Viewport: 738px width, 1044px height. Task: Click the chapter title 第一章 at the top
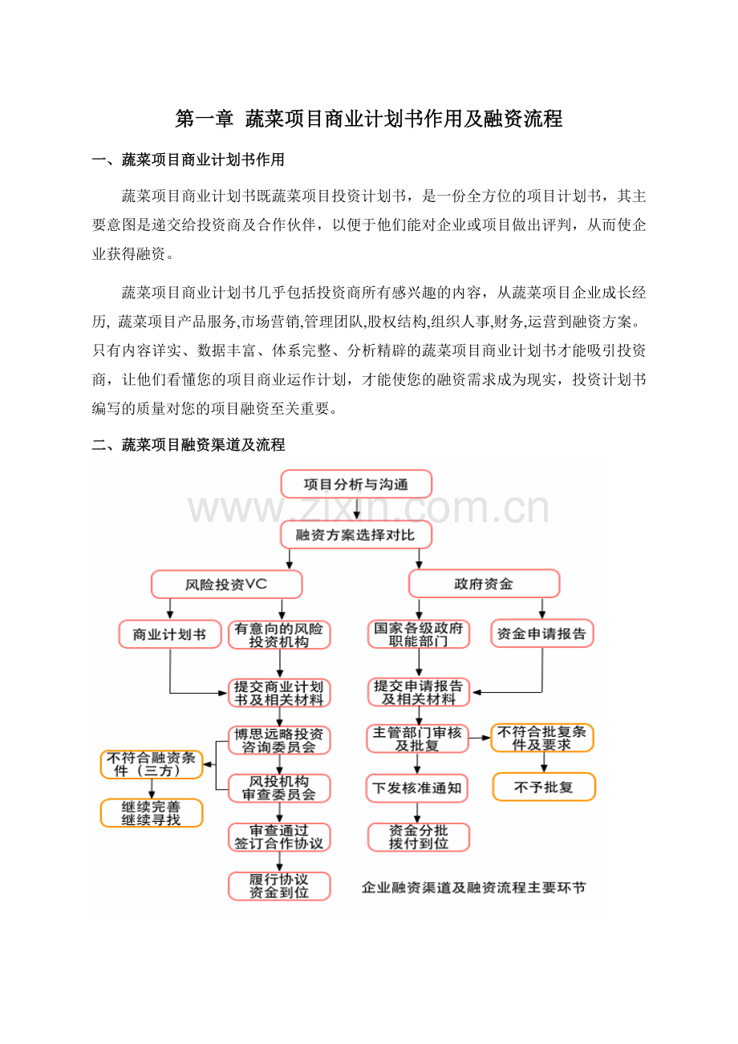(204, 119)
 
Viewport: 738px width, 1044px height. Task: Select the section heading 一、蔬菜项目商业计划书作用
(189, 160)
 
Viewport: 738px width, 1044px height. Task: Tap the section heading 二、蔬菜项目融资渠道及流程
(189, 445)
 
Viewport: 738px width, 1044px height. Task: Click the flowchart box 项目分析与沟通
(356, 484)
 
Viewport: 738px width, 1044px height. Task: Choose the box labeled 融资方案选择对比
(356, 535)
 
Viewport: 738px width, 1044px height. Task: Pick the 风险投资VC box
(226, 584)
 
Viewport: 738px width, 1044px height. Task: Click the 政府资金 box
(485, 584)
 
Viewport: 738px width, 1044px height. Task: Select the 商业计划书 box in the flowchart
(170, 633)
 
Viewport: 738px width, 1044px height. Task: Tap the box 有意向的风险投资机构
(279, 635)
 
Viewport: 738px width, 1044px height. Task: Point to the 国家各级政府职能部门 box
(419, 633)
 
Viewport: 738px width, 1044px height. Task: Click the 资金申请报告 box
(542, 633)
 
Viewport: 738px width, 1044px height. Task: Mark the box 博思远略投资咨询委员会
(279, 740)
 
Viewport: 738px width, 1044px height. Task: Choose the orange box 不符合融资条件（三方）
(152, 764)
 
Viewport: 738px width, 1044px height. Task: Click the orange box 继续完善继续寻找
(152, 813)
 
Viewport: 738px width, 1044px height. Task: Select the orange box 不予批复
(544, 787)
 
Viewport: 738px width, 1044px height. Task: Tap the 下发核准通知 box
(417, 787)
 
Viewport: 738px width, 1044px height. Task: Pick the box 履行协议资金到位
(279, 886)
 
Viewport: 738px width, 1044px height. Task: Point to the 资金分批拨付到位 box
(419, 837)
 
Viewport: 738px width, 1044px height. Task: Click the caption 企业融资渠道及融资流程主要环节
(473, 888)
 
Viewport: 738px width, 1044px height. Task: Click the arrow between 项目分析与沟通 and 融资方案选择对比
(357, 509)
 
